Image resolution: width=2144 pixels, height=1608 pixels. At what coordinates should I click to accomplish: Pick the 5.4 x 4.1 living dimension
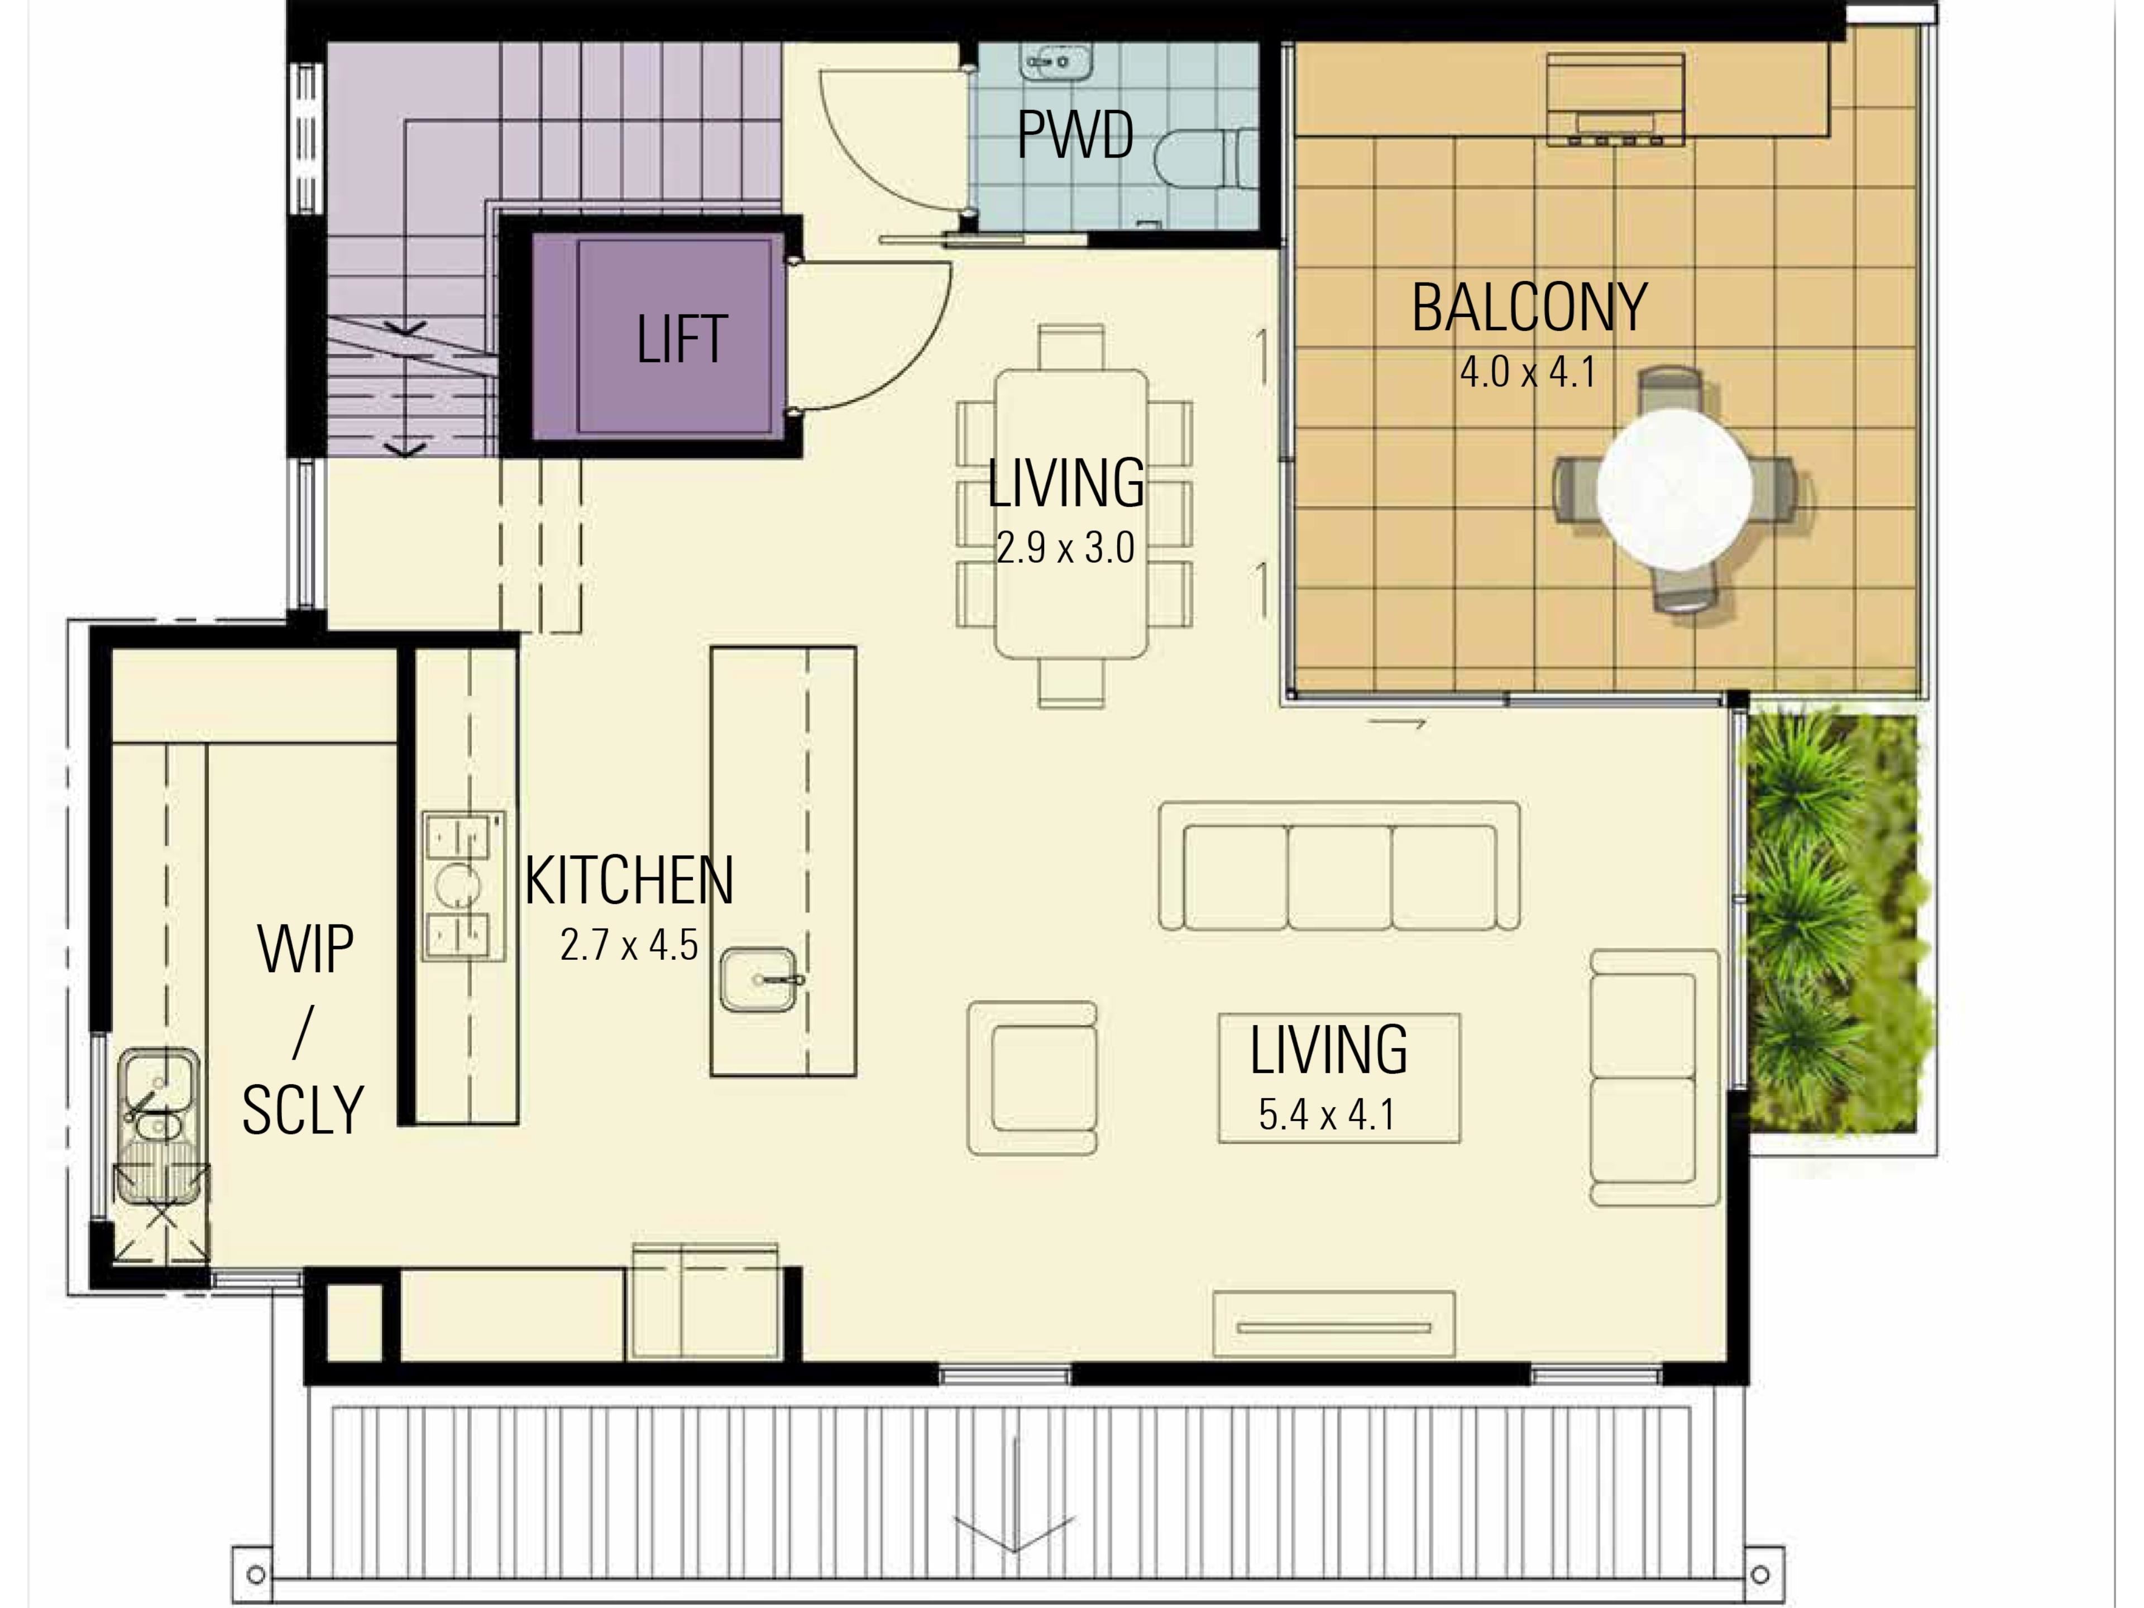coord(1327,1114)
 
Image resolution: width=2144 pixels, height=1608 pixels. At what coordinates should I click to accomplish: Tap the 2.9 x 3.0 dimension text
coord(1065,549)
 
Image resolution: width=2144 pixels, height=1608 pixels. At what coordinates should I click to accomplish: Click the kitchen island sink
coord(759,979)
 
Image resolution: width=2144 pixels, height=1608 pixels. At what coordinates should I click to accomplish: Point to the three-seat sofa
coord(1339,865)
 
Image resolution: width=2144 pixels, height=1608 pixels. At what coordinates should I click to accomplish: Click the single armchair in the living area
coord(1032,1078)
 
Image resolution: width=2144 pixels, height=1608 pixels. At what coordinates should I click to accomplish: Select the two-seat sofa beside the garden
coord(1654,1077)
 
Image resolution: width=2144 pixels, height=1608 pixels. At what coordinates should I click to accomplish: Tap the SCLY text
coord(303,1110)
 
